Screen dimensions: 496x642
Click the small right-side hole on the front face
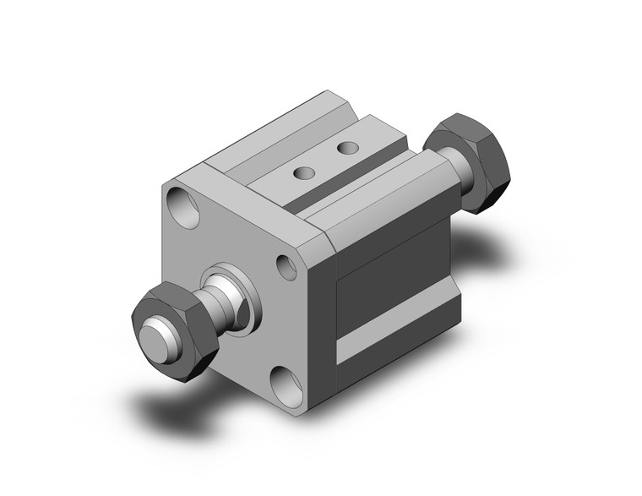pos(287,266)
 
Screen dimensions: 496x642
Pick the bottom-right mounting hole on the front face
pos(289,384)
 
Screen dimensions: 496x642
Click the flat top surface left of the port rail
pos(253,156)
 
